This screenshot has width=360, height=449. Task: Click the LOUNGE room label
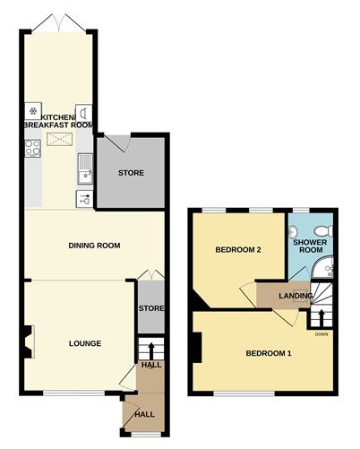point(85,343)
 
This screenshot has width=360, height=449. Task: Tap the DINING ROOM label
point(94,246)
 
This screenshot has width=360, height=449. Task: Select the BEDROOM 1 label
point(269,353)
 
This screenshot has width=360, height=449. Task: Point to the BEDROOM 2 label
point(238,249)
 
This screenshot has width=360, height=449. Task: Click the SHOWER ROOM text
point(310,246)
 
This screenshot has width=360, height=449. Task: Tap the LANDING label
point(296,296)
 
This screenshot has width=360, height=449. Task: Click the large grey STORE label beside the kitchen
point(131,173)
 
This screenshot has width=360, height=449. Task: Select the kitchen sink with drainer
point(85,168)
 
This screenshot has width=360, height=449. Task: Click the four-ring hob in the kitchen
point(33,148)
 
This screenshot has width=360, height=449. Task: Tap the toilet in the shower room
point(323,230)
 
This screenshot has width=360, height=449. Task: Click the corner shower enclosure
point(322,267)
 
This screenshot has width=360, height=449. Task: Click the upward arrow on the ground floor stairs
point(151,351)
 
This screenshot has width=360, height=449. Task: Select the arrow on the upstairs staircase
point(321,318)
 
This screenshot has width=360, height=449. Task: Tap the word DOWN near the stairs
point(321,334)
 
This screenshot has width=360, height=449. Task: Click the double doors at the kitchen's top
point(59,22)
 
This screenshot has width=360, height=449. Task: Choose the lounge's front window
point(74,393)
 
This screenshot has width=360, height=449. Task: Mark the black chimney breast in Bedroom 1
point(197,348)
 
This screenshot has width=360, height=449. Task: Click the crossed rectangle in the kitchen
point(60,140)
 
